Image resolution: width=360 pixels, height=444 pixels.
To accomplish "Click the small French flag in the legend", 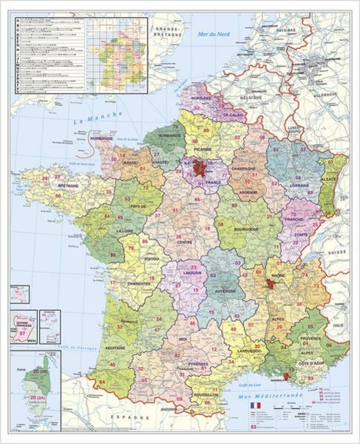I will (x=256, y=407).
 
